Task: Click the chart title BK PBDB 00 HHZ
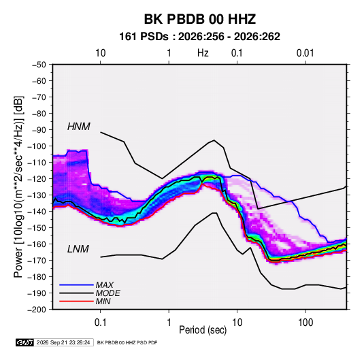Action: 200,19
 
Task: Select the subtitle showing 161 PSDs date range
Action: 199,37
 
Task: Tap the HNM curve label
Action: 79,127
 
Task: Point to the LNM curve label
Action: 78,249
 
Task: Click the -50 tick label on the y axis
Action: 39,65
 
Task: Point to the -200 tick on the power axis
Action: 37,310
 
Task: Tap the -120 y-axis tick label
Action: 37,179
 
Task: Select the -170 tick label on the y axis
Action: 37,261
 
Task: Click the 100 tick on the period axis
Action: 305,323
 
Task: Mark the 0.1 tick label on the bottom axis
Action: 101,323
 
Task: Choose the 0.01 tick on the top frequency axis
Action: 305,53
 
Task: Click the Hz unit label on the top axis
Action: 203,53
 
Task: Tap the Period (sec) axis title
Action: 203,330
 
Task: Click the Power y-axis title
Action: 18,187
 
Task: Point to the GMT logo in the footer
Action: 25,342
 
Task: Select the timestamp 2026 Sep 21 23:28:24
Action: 63,342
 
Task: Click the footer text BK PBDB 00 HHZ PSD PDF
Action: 127,342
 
